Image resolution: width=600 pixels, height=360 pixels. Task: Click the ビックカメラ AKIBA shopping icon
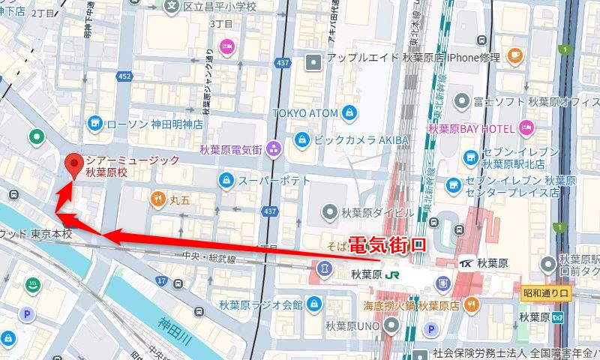[301, 139]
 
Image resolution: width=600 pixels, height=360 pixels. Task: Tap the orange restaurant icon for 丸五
[157, 199]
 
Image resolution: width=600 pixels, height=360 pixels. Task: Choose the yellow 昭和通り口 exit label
[547, 292]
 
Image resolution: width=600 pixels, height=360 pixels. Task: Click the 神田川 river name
[176, 331]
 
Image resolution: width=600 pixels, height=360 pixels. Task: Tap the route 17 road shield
[161, 280]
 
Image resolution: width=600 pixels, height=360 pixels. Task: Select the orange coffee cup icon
[514, 55]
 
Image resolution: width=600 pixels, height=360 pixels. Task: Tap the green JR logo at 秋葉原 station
[392, 274]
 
